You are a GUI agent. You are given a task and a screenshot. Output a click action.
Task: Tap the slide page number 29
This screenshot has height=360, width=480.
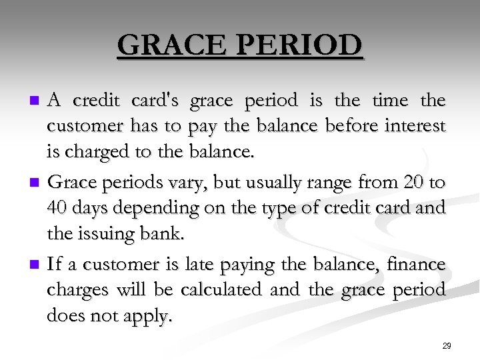point(447,346)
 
